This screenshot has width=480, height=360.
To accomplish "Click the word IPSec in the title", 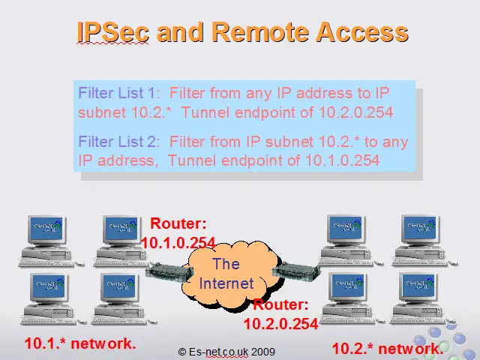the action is [112, 32].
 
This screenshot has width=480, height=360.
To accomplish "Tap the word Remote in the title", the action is [260, 32].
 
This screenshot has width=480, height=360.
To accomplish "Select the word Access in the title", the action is [362, 32].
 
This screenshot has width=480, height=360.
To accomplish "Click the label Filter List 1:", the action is [119, 93].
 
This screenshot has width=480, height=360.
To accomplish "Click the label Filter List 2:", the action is [119, 142].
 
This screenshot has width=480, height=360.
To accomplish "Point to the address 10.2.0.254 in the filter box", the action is [356, 112].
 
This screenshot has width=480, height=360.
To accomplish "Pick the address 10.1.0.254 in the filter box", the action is [343, 160].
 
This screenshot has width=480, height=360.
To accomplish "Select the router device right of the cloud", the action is [295, 270].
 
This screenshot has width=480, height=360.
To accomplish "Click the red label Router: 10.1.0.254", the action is [178, 233].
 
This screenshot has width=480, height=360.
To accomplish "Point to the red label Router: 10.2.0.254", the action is [281, 314].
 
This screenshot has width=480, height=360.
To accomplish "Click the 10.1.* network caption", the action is [80, 343].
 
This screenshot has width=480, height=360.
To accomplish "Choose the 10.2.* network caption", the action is [388, 349].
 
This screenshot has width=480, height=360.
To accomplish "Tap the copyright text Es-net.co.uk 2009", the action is [226, 352].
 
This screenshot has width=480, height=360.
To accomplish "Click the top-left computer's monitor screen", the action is [46, 228].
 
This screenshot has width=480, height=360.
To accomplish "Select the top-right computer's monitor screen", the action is [420, 228].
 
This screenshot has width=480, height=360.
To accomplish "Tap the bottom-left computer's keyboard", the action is [49, 321].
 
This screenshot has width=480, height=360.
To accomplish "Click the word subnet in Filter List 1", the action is [102, 112].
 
